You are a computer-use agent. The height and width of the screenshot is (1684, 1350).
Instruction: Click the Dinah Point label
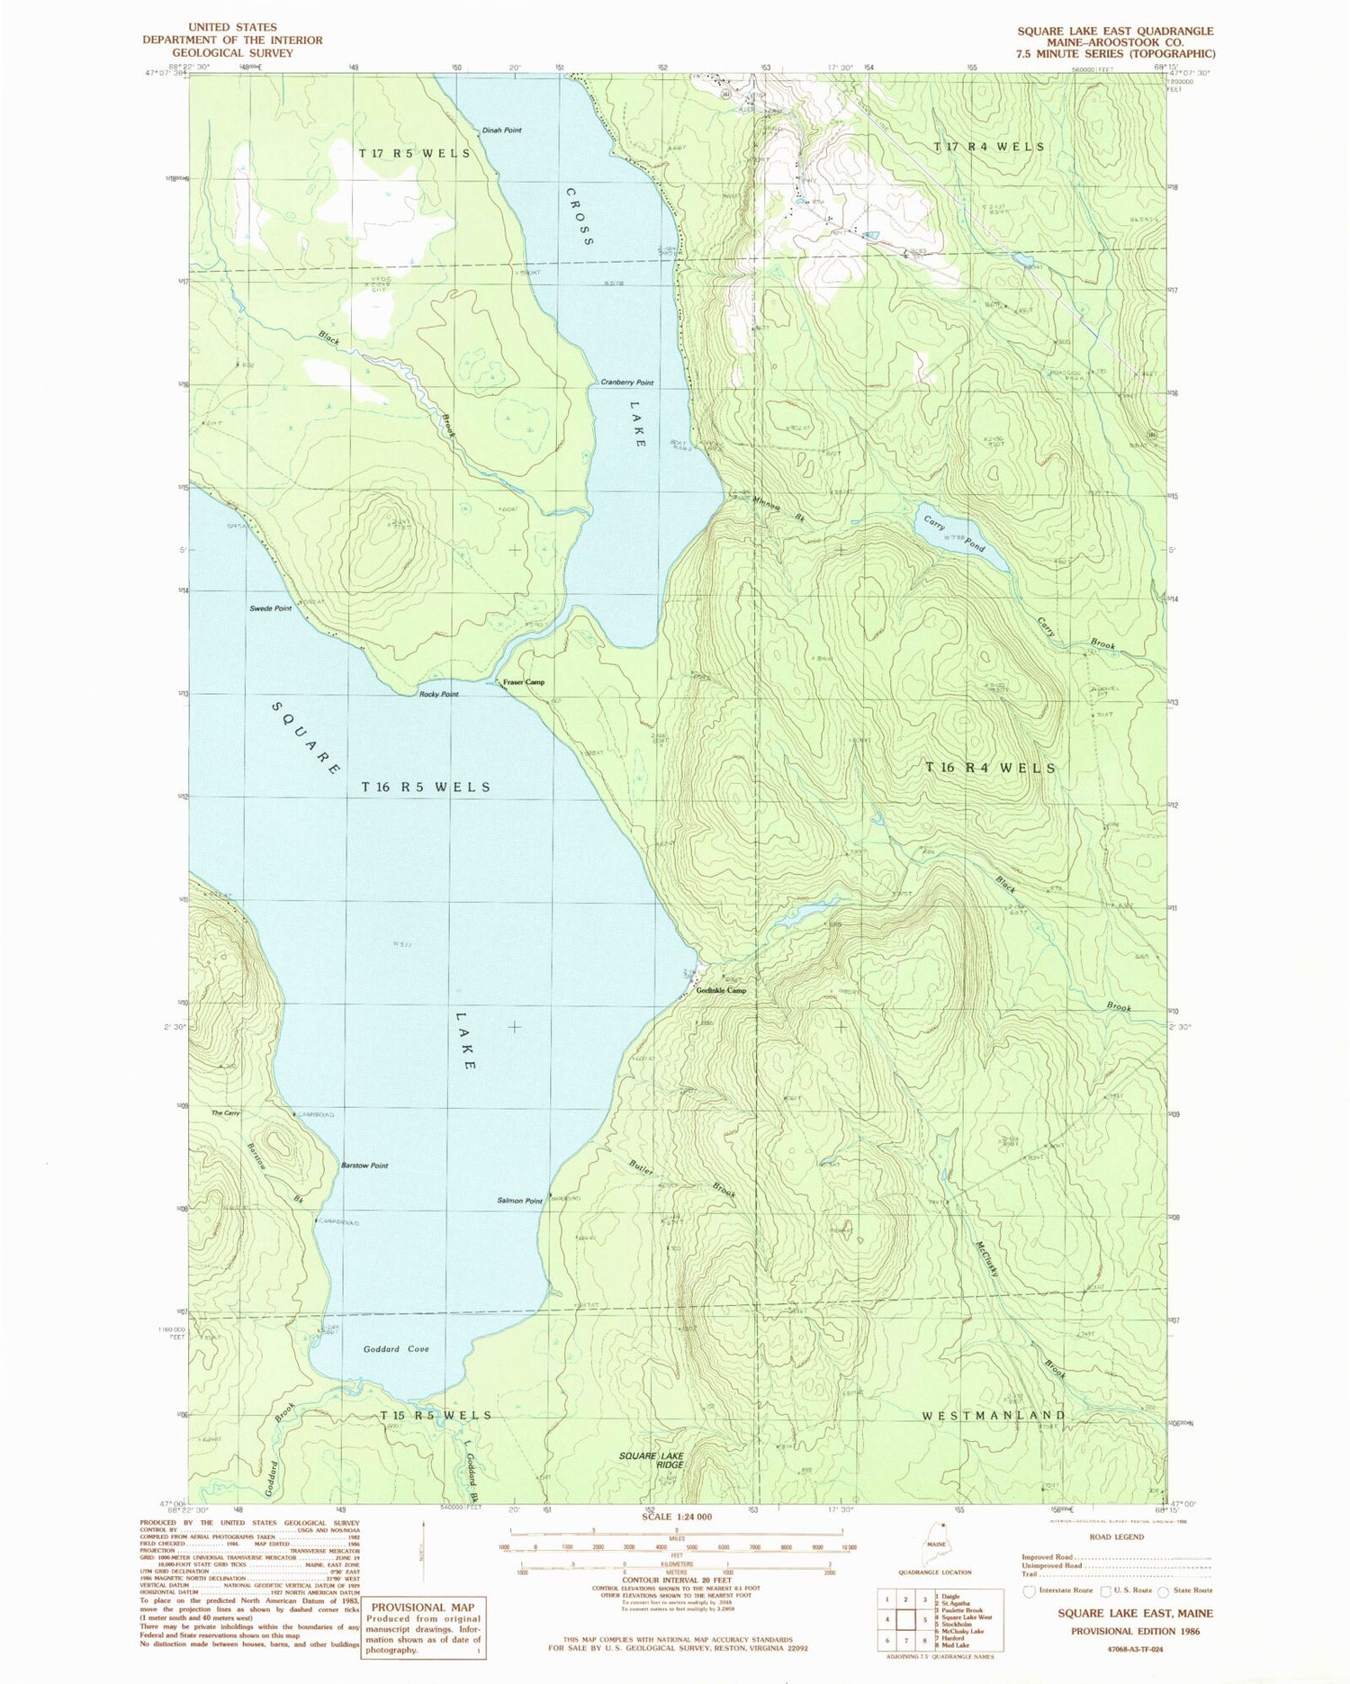pos(501,131)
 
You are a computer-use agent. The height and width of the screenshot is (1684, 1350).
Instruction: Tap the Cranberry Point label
pos(627,383)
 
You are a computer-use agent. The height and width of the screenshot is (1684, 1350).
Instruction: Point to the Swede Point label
pos(270,609)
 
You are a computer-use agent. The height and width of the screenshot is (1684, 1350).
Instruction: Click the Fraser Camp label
pos(524,682)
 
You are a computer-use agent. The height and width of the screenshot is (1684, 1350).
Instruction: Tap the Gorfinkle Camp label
pos(722,991)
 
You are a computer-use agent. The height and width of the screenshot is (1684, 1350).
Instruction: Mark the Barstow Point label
pos(364,1166)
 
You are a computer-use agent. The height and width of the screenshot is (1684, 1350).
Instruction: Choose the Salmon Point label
pos(519,1201)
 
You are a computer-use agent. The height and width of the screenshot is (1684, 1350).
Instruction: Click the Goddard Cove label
pos(396,1349)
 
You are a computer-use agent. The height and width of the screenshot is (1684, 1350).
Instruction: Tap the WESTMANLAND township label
pos(994,1416)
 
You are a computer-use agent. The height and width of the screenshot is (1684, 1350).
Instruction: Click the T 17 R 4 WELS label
pos(989,147)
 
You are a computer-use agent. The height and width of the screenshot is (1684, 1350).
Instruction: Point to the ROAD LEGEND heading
pos(1115,1536)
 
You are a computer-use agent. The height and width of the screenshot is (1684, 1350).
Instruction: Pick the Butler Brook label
pos(681,1176)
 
